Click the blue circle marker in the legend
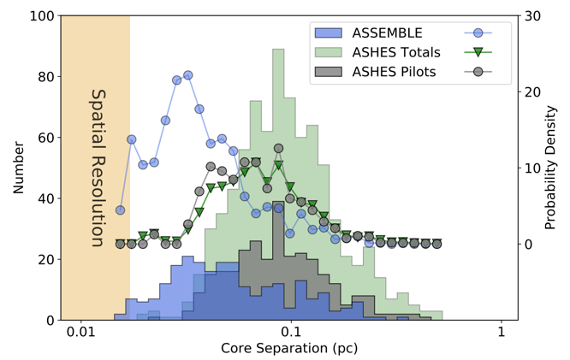coord(478,33)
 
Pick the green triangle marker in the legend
coord(478,52)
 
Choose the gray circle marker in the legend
coord(478,71)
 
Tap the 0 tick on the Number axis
coord(50,320)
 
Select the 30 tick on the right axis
coord(532,16)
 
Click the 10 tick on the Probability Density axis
coord(532,168)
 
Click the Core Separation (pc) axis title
coord(289,349)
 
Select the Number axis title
coord(18,168)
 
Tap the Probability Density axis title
coord(554,168)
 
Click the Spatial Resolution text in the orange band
coord(97,168)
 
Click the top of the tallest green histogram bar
coord(278,50)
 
